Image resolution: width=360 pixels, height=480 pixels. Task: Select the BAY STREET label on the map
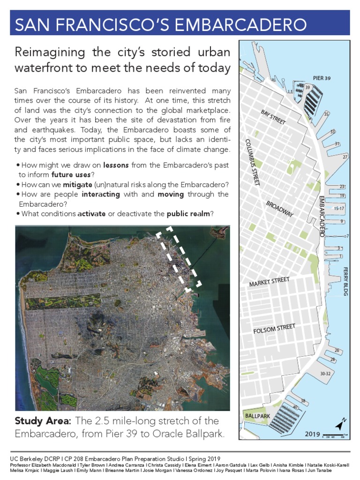[x=273, y=117]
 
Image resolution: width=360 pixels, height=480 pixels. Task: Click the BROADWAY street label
[x=280, y=209]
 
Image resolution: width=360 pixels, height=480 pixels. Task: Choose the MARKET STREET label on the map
[x=270, y=282]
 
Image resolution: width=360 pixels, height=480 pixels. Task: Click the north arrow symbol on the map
[x=339, y=424]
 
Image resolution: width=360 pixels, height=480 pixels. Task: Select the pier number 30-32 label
[x=325, y=374]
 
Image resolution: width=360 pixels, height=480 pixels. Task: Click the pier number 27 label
[x=345, y=157]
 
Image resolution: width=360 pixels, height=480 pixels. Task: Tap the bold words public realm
[x=188, y=214]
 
